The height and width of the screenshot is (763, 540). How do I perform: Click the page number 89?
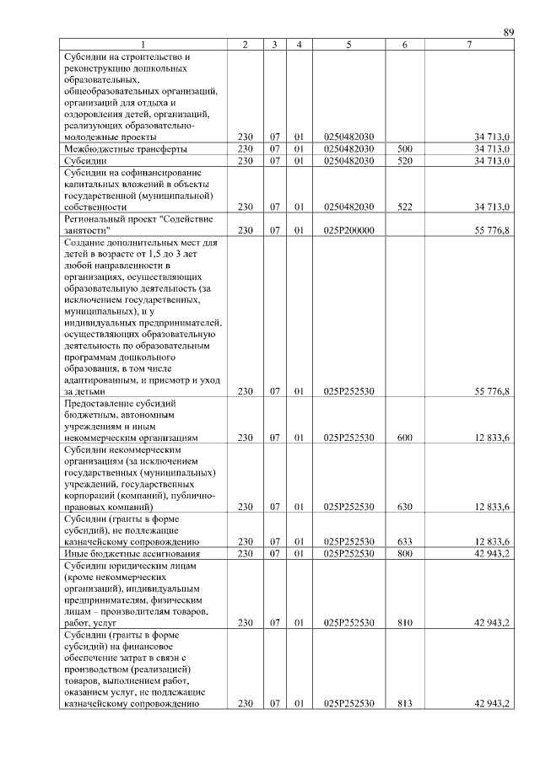point(509,32)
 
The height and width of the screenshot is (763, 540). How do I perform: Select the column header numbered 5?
point(348,44)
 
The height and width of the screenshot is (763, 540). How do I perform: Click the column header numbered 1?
point(143,44)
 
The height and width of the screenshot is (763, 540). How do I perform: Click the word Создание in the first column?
point(84,241)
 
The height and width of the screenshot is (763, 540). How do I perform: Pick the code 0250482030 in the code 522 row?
point(348,206)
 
